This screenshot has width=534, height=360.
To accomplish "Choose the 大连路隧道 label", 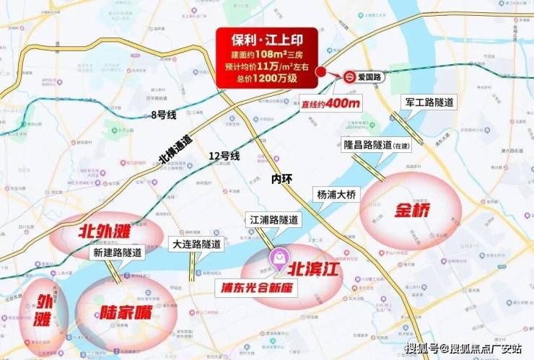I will point(196,244).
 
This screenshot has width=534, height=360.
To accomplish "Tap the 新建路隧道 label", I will point(117,253).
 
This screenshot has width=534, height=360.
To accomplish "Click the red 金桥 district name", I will point(413,211).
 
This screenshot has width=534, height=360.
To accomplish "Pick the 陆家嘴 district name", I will point(119,315).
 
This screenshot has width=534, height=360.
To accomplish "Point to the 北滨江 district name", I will point(315,268).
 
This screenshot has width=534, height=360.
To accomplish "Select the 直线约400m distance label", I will point(333,103).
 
